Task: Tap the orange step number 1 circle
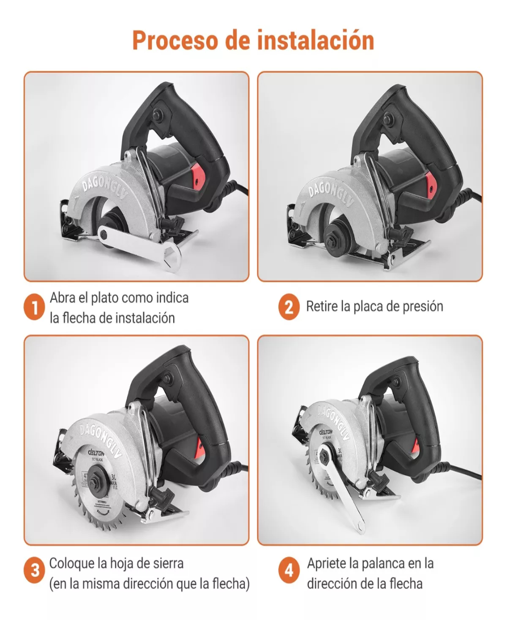(x=34, y=308)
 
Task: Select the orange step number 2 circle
(x=289, y=307)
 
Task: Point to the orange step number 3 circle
(x=34, y=571)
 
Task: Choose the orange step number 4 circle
(x=289, y=571)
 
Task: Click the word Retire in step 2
(x=322, y=306)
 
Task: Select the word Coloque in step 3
(x=72, y=563)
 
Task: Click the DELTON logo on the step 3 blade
(x=96, y=453)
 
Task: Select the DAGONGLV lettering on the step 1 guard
(x=104, y=188)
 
